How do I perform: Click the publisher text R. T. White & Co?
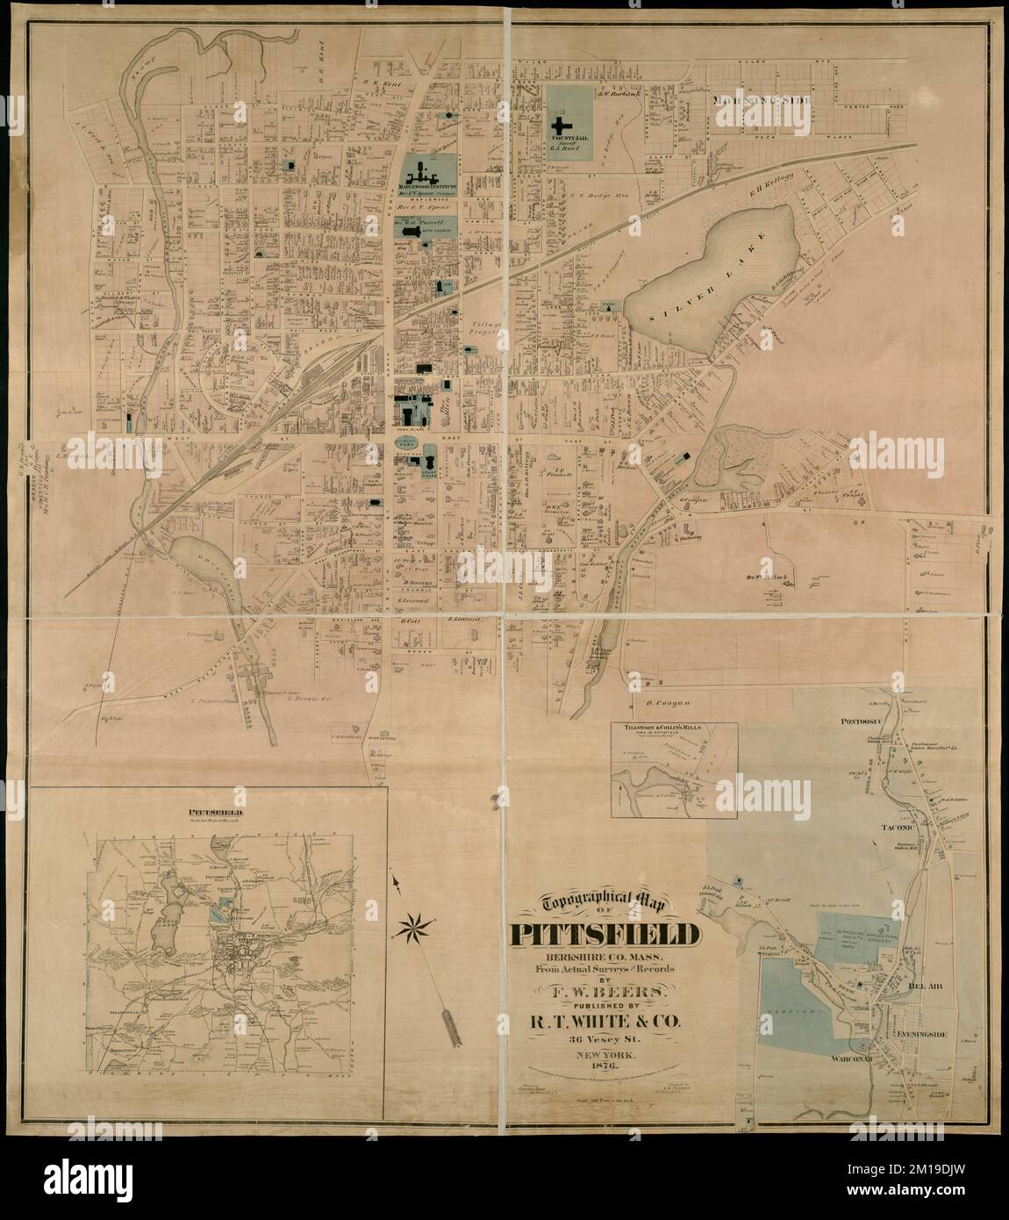pos(602,1021)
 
